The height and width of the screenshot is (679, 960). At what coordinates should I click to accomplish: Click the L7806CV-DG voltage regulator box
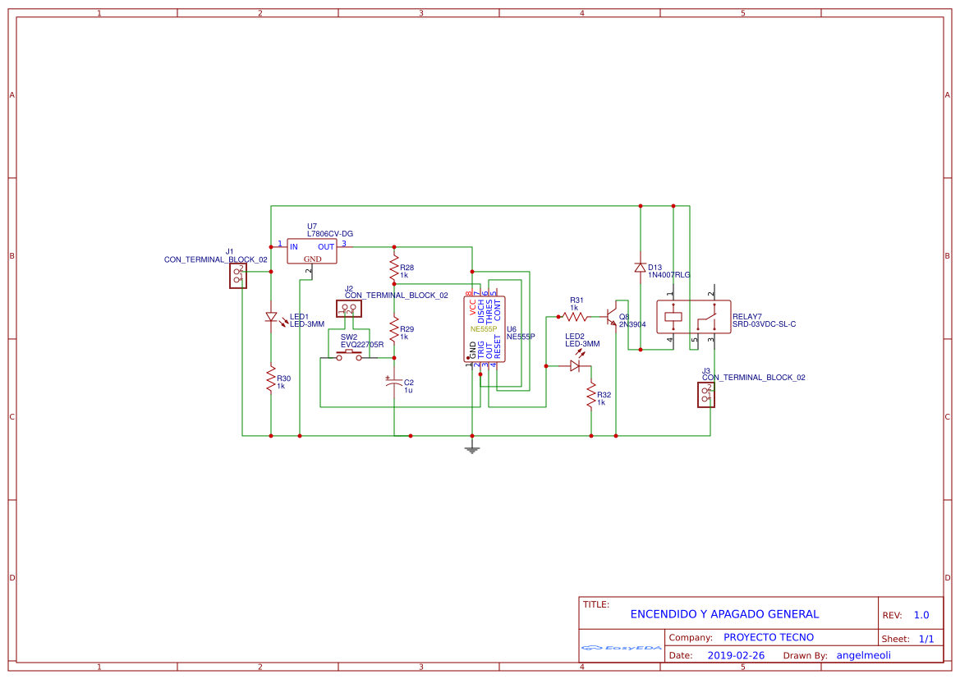(312, 251)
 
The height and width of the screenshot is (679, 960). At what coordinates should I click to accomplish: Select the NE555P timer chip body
(486, 329)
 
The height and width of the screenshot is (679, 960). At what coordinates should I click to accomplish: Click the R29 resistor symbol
(394, 331)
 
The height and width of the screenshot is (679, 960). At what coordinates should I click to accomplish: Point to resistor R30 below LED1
(270, 379)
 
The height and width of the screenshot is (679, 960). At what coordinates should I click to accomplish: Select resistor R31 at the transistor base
(575, 315)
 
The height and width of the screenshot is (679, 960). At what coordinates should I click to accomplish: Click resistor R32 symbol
(590, 397)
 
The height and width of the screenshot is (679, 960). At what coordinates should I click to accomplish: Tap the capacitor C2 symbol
(394, 383)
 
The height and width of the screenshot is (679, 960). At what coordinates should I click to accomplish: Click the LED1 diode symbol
(271, 317)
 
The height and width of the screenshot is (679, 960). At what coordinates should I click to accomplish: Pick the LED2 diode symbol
(575, 366)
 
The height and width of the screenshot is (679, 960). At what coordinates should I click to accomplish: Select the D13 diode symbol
(640, 267)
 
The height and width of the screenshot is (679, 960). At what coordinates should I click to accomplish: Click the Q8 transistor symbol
(611, 316)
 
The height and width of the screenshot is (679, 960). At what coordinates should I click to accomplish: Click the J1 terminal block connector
(238, 276)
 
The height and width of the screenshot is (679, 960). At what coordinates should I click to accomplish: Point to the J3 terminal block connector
(705, 395)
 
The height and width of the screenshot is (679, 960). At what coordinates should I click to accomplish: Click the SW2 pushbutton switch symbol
(349, 355)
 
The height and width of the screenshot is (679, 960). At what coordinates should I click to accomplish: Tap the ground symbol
(471, 448)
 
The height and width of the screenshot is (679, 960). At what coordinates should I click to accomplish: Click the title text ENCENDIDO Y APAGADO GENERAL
(724, 614)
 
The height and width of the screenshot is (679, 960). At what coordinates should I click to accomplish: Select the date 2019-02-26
(736, 655)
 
